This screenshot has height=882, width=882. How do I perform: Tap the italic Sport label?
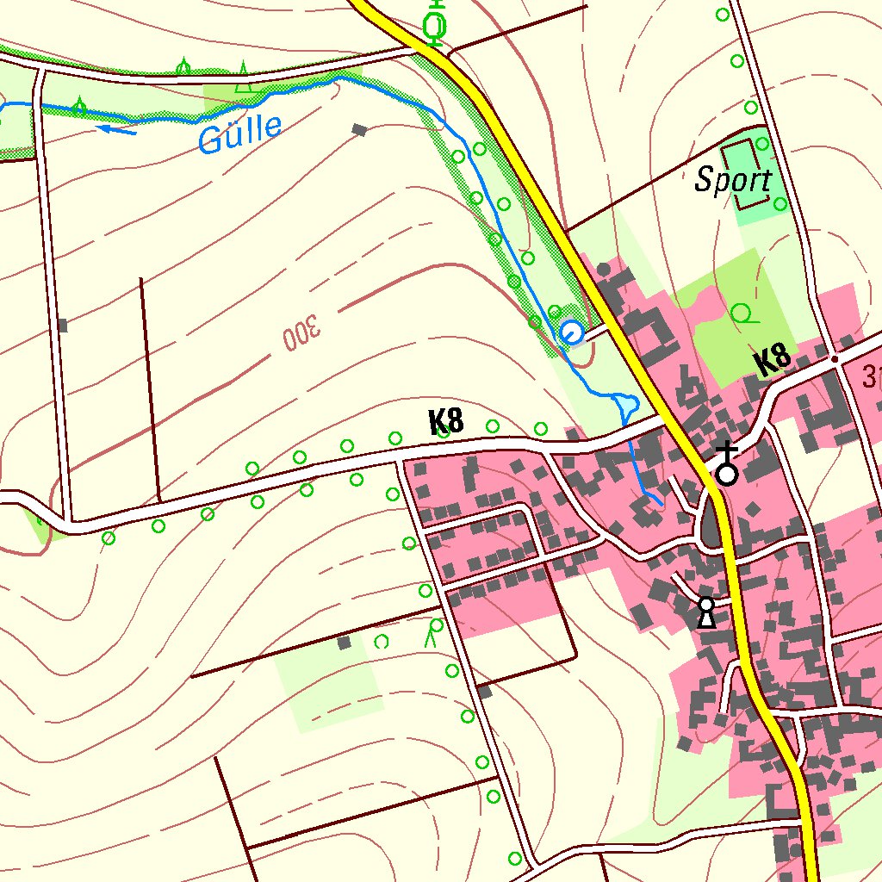point(733,181)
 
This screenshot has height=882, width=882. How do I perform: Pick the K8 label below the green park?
point(773,360)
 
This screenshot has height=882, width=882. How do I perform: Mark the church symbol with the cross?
point(728,466)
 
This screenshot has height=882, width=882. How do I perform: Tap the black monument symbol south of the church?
point(706,612)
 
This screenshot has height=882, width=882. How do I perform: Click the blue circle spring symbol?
point(571,332)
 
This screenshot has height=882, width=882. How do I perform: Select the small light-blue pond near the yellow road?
point(627,402)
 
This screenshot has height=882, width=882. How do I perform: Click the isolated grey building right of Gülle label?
point(359,130)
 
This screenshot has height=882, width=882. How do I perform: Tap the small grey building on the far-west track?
point(62,326)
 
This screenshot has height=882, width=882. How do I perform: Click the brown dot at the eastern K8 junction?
point(834,358)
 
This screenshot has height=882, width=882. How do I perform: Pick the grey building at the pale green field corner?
point(345,643)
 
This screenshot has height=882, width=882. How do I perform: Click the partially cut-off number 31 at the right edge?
point(872,376)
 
